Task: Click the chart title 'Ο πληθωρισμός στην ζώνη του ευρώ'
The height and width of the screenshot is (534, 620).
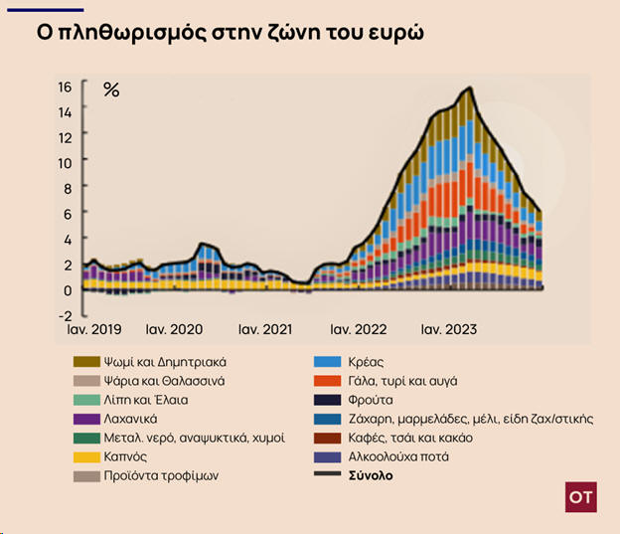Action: [231, 31]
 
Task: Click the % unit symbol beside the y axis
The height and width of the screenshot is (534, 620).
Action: [111, 90]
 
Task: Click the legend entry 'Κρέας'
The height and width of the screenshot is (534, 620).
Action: [364, 362]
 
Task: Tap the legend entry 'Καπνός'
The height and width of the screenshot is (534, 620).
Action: [125, 456]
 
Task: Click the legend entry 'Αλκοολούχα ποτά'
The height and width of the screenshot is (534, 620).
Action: [392, 456]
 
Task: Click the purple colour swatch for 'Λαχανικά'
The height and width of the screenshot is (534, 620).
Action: [86, 419]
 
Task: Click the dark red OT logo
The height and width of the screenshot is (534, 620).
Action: [581, 497]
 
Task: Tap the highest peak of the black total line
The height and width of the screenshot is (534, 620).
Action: [468, 89]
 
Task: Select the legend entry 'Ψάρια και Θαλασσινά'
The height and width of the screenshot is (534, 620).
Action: [166, 381]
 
